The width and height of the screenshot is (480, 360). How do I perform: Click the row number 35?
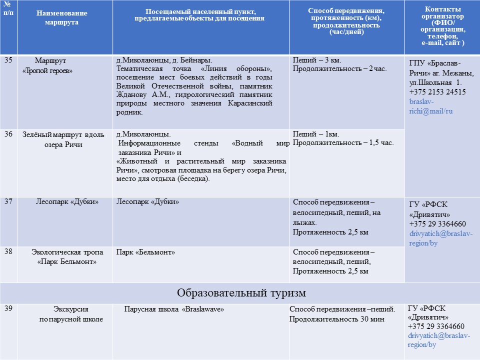click(8, 60)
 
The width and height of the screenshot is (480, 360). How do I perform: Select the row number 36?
click(8, 134)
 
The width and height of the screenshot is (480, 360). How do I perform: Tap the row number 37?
click(8, 201)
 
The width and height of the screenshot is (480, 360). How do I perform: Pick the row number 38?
click(8, 251)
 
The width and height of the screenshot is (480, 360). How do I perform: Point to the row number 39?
click(8, 308)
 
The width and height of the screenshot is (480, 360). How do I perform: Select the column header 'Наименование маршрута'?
click(61, 17)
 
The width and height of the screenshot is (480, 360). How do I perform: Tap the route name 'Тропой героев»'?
click(48, 71)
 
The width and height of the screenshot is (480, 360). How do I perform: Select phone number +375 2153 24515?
click(437, 92)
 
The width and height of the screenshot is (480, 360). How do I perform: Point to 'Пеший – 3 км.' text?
click(317, 60)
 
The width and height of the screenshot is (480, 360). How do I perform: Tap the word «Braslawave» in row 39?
click(207, 309)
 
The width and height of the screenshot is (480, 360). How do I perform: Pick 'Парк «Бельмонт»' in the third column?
click(145, 252)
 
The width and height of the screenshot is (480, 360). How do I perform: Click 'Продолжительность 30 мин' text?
click(336, 319)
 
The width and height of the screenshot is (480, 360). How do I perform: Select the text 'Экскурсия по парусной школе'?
click(71, 314)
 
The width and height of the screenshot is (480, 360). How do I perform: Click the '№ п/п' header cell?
click(8, 8)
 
